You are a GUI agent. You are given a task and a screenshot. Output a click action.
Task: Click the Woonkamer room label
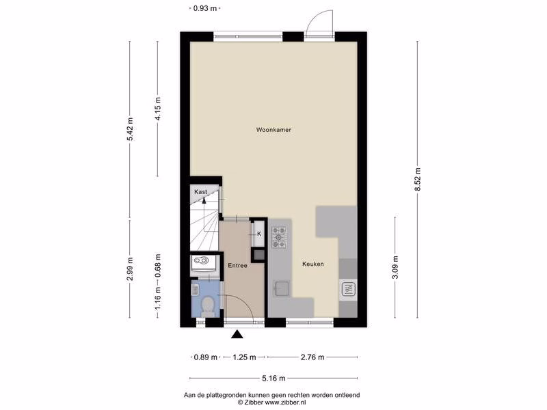pos(273,130)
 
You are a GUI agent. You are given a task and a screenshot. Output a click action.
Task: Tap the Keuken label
pos(313,264)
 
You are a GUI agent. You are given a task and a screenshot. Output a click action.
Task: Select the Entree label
pos(237,266)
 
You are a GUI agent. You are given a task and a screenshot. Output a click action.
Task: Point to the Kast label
pos(200,192)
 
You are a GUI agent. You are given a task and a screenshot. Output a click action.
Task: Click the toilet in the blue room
pos(209,307)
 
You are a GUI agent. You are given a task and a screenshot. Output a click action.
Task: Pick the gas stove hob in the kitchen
pos(279,237)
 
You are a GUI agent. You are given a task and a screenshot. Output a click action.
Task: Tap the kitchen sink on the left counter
pos(282,288)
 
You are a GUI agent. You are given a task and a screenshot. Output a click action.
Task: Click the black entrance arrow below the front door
pos(237,334)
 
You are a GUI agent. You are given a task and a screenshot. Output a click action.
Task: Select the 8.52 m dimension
pos(418,179)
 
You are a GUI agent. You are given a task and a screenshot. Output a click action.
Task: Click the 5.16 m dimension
pos(273,378)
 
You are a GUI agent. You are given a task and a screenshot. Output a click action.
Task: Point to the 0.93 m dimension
pos(205,8)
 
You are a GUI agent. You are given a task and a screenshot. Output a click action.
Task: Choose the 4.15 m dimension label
pos(158,109)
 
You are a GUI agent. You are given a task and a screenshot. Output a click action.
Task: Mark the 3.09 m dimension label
pos(395,268)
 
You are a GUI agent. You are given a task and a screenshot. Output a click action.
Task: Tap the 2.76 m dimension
pos(312,357)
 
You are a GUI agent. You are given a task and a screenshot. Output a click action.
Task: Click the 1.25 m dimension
pos(245,357)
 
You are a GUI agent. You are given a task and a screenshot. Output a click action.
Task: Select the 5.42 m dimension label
pos(130,129)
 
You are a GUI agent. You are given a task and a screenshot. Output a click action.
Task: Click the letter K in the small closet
pos(259,234)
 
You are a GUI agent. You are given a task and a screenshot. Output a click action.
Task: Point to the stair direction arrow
pos(204,200)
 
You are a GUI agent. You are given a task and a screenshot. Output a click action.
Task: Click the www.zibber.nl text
pos(285,402)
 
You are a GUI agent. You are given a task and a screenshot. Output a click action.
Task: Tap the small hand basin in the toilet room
pos(196,289)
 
